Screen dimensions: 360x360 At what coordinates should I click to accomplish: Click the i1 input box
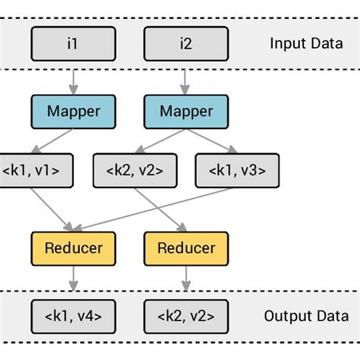click(x=74, y=43)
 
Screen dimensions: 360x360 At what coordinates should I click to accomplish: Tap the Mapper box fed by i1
click(x=74, y=111)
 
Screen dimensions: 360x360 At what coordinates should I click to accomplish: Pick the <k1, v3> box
click(x=237, y=170)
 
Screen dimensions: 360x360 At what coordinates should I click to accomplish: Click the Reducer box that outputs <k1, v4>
click(x=74, y=248)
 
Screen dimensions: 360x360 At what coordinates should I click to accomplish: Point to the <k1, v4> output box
click(x=74, y=315)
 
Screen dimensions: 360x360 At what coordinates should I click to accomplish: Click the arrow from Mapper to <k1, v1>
click(x=52, y=141)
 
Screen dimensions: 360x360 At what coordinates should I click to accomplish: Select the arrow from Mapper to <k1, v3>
click(x=213, y=141)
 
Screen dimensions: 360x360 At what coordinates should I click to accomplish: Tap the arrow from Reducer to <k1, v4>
click(x=74, y=281)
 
